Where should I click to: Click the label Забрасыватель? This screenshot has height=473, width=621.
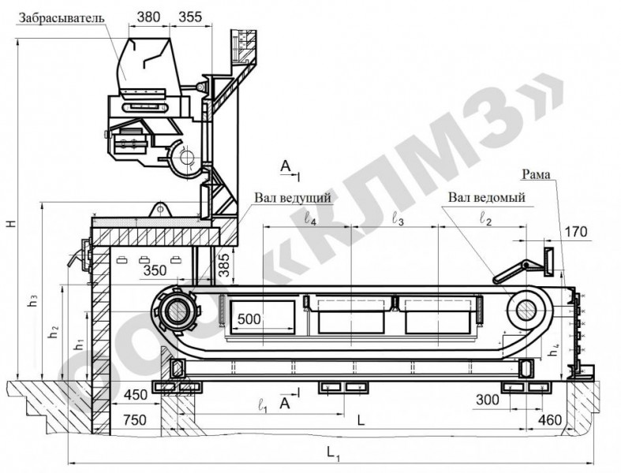(x=62, y=18)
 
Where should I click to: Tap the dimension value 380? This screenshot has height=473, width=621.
(x=148, y=17)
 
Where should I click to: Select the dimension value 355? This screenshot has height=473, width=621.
(x=190, y=17)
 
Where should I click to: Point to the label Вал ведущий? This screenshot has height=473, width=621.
(x=292, y=198)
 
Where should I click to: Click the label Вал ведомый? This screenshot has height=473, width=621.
(x=486, y=197)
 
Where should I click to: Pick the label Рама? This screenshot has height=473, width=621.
(x=537, y=174)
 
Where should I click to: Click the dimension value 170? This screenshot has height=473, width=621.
(x=576, y=232)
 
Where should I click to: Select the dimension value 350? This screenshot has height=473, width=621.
(x=155, y=270)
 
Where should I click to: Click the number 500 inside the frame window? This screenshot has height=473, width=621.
(x=249, y=318)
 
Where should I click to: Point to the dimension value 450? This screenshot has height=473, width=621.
(x=136, y=395)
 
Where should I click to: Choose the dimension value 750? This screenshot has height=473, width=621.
(x=135, y=419)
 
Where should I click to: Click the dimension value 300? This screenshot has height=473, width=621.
(x=487, y=400)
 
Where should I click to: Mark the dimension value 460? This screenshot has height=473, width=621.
(x=550, y=419)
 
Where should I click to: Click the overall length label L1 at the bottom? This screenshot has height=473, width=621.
(x=333, y=453)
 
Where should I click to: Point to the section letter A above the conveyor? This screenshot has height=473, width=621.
(x=285, y=166)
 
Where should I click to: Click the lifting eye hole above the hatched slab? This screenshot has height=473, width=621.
(x=160, y=208)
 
